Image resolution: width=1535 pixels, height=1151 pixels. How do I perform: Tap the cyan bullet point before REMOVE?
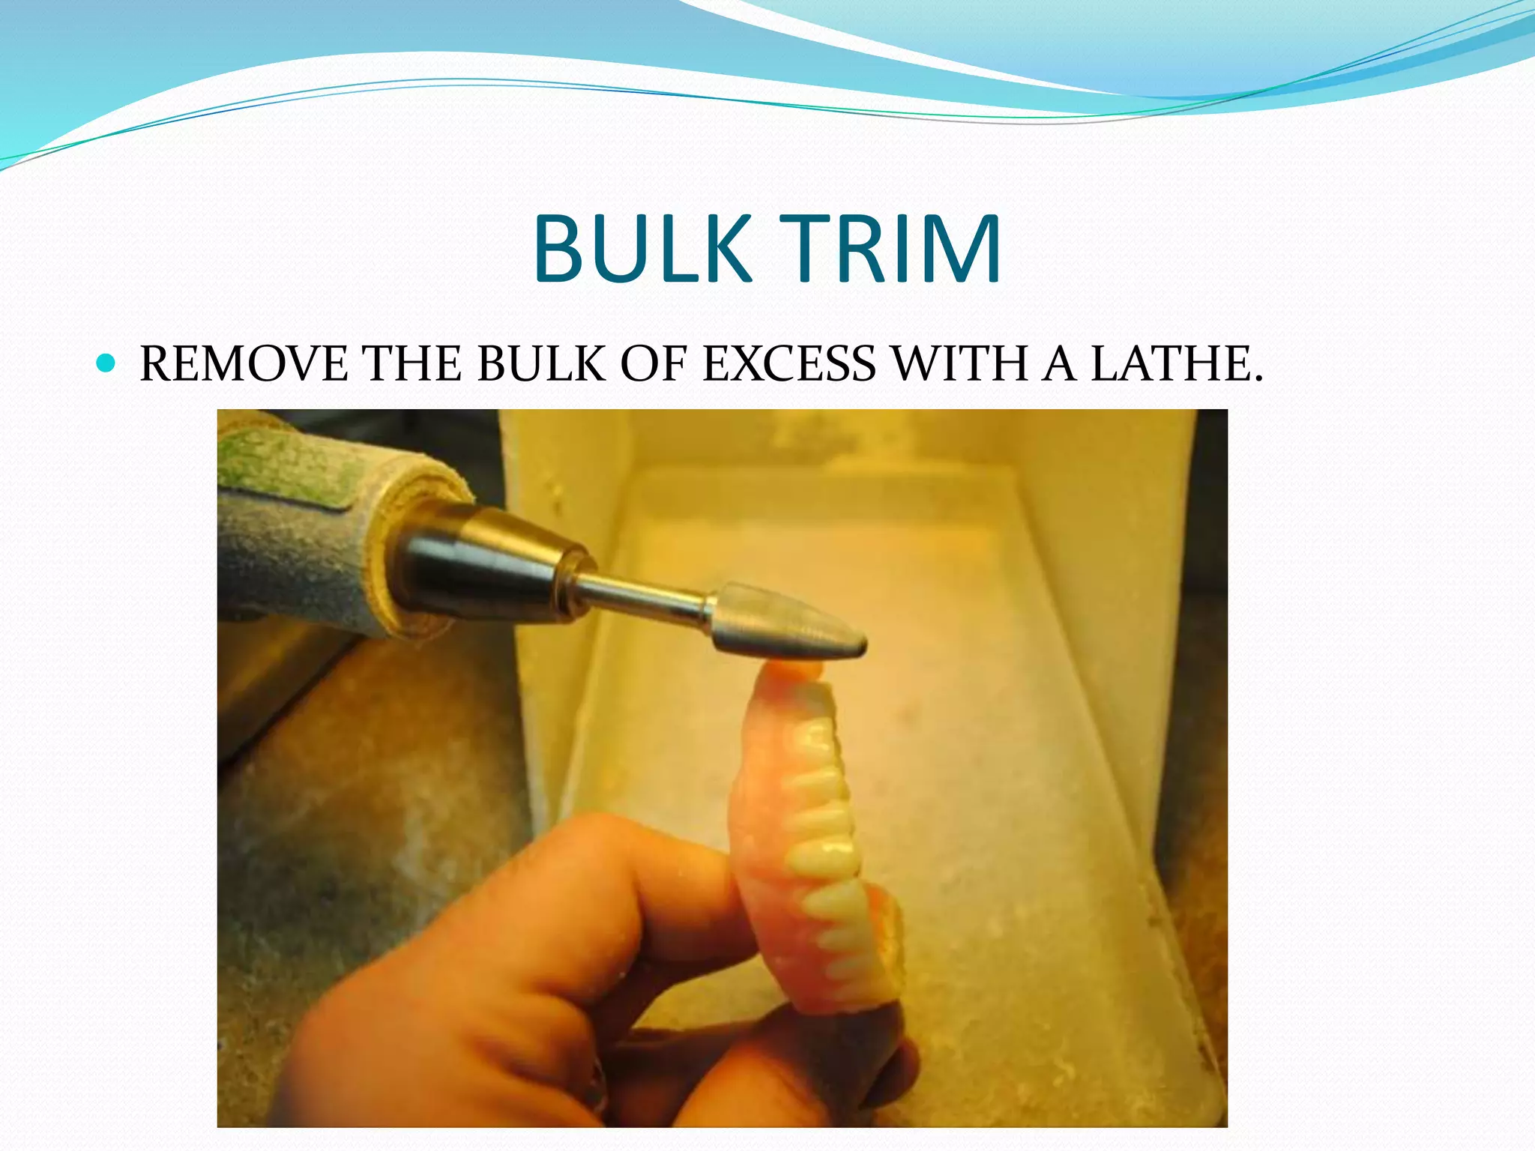tap(106, 364)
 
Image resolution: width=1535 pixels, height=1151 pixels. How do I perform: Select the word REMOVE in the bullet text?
tap(244, 365)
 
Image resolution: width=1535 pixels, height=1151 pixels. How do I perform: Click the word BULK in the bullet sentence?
tap(540, 365)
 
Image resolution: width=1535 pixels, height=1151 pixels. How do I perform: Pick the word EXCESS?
tap(789, 365)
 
